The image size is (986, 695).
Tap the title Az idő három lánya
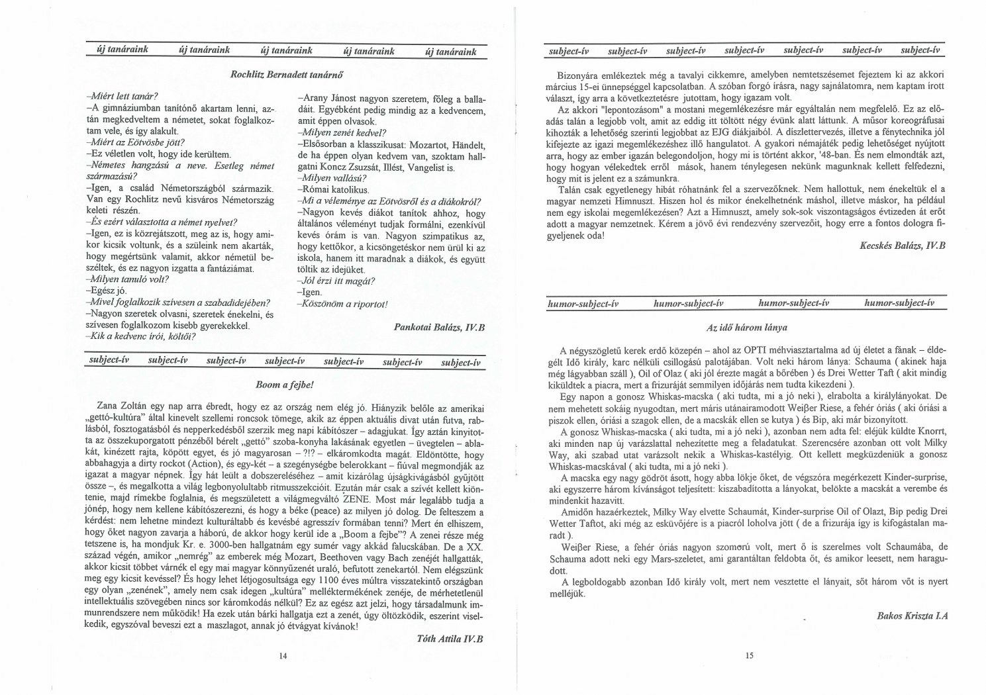tap(746, 327)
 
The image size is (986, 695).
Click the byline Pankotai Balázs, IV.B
tap(440, 327)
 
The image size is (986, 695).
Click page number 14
tap(283, 656)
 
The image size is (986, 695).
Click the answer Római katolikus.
tap(324, 190)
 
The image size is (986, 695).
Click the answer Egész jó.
tap(105, 291)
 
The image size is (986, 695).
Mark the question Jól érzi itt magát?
tap(337, 281)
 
